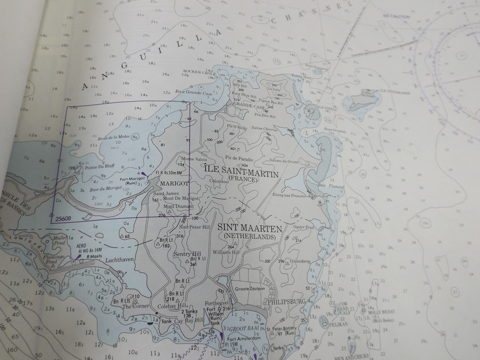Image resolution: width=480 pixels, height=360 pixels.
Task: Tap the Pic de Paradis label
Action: [x=238, y=157]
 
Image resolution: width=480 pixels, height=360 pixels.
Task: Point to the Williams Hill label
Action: [x=226, y=252]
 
